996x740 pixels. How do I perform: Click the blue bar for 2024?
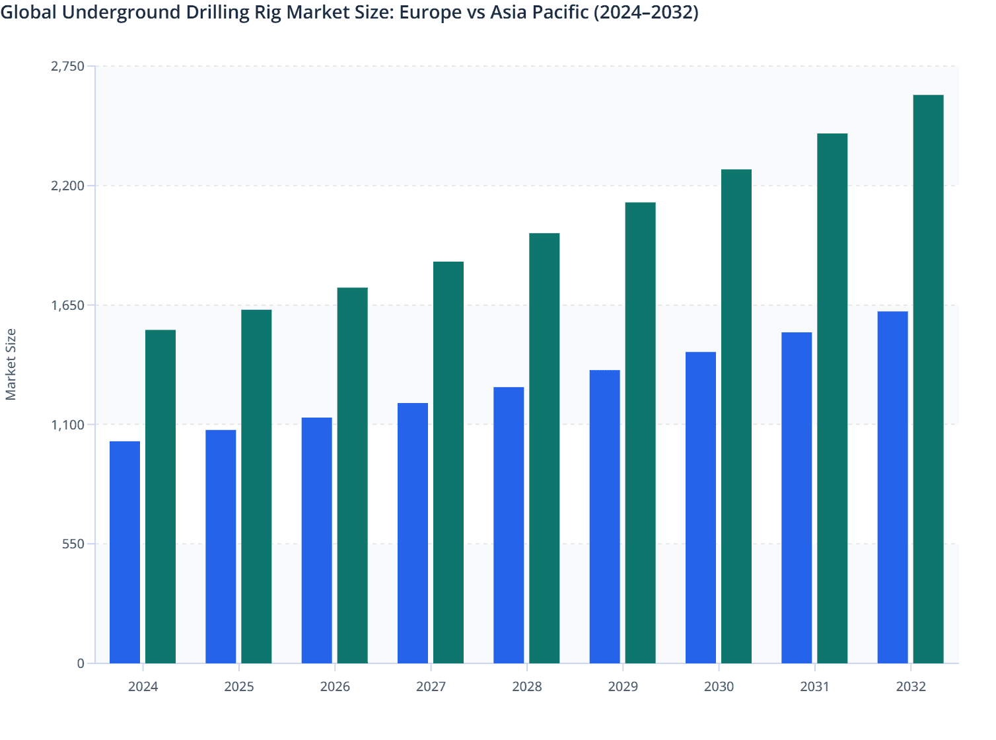tap(125, 552)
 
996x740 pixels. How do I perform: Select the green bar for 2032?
tap(928, 379)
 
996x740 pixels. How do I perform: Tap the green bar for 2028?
tap(544, 448)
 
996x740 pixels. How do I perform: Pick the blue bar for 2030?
tap(701, 507)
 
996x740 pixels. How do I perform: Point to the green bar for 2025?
tap(256, 486)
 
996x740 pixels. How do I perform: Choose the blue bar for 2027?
tap(413, 533)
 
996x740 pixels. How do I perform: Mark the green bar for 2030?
tap(736, 416)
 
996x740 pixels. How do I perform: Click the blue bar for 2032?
tap(892, 487)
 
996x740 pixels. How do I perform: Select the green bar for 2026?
tap(353, 475)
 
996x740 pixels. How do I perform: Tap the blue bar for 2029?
tap(604, 516)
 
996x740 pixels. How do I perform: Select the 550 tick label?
tap(73, 544)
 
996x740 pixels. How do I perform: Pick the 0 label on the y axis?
tap(81, 663)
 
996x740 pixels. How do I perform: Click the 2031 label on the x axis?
tap(814, 686)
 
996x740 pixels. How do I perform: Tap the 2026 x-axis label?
tap(335, 686)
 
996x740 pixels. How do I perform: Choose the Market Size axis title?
tap(11, 364)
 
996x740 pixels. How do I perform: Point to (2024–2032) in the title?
tap(646, 12)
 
